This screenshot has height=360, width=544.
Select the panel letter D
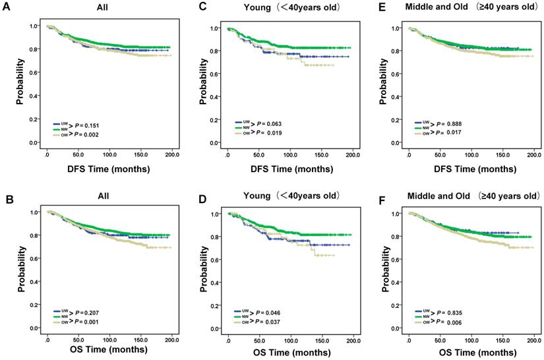[x=187, y=196]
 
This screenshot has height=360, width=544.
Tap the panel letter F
[x=371, y=196]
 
